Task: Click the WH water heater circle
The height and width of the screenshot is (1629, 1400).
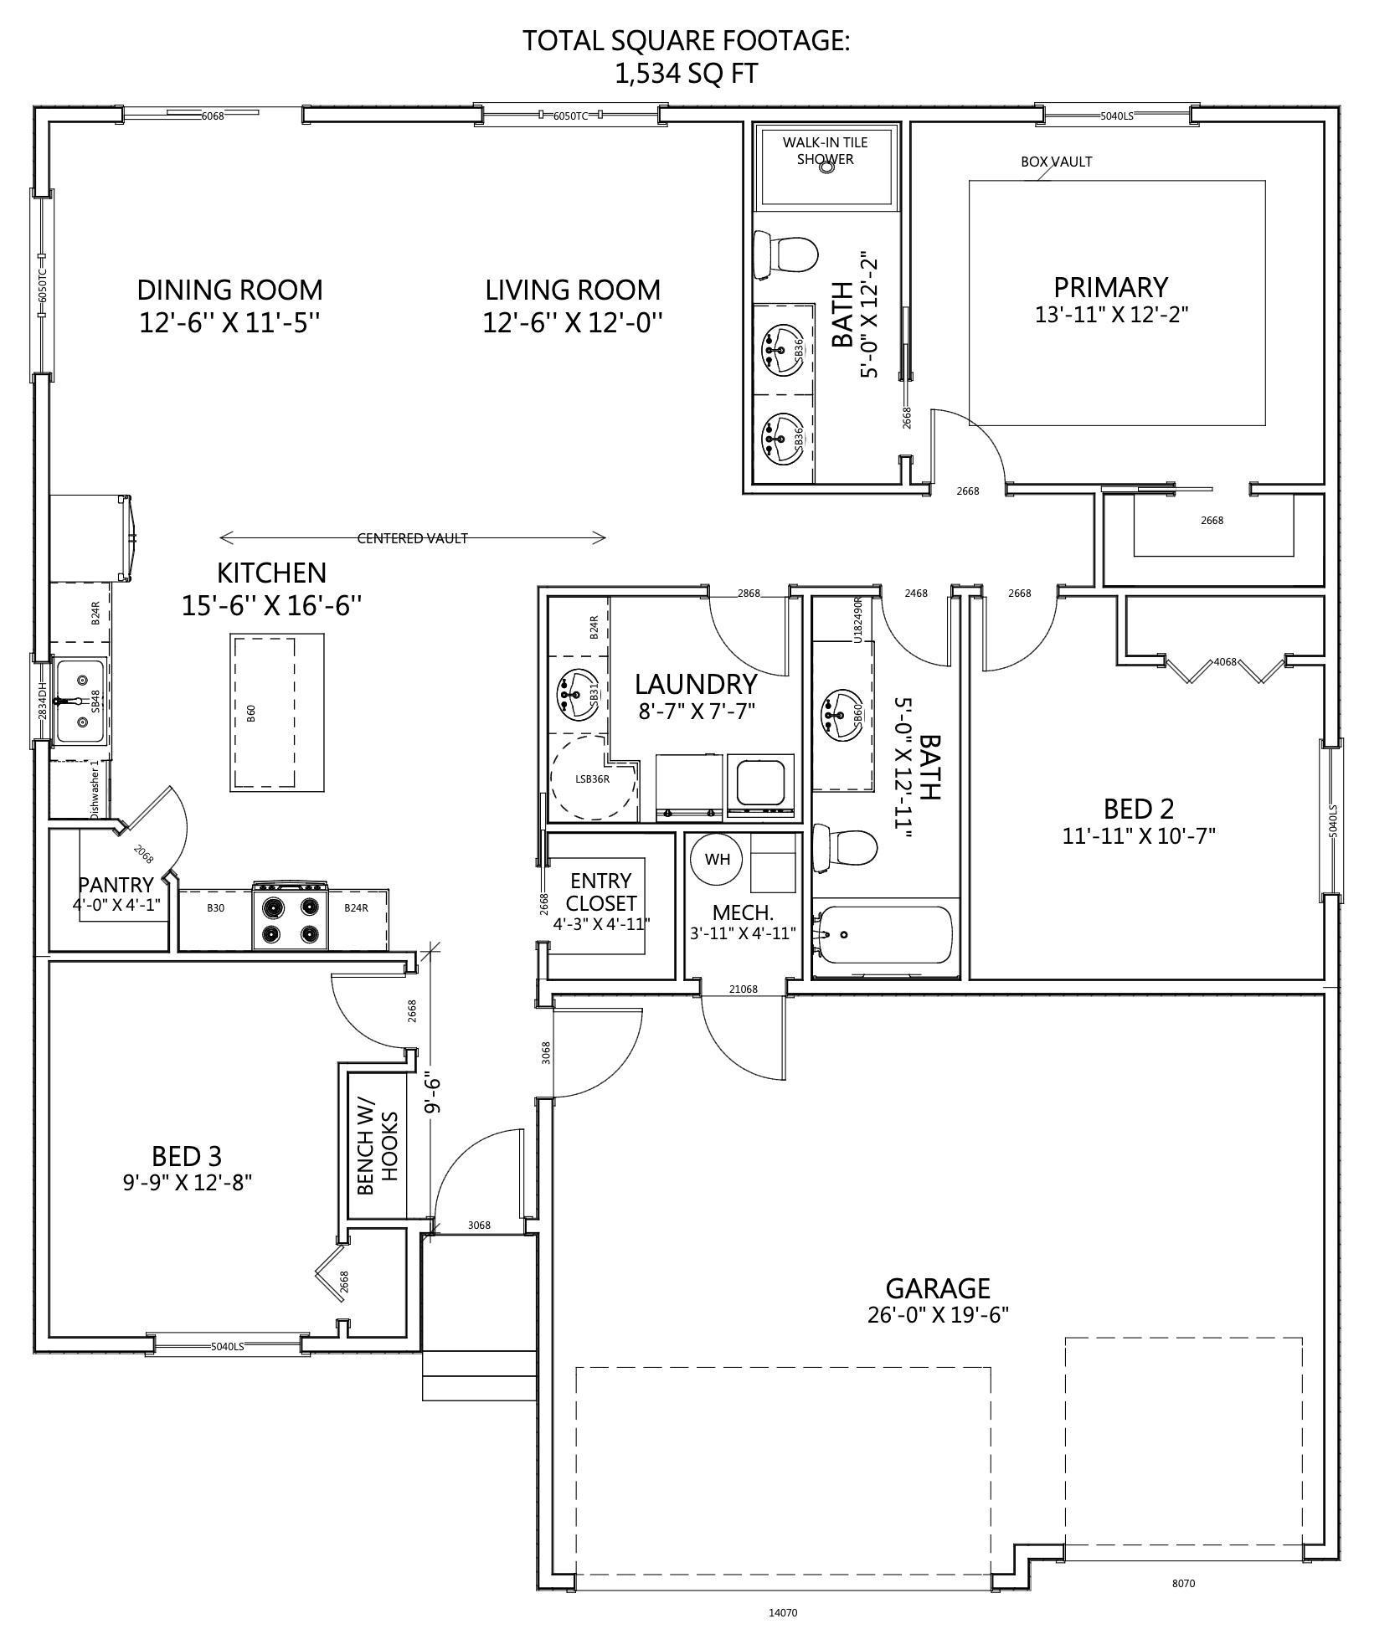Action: [717, 860]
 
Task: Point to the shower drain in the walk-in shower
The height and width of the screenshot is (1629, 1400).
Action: [826, 167]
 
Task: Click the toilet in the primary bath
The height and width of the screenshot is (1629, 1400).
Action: [785, 254]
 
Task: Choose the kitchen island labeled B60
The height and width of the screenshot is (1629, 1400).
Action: [263, 712]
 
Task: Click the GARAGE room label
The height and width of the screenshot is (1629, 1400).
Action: [938, 1287]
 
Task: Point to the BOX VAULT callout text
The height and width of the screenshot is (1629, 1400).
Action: [1056, 162]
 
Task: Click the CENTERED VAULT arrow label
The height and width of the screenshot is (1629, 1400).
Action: [412, 538]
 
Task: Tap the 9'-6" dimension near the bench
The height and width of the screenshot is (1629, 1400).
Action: [432, 1093]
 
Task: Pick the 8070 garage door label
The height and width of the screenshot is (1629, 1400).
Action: [1183, 1584]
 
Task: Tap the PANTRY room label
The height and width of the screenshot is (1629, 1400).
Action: [116, 885]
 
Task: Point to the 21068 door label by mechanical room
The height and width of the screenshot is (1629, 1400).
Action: [743, 989]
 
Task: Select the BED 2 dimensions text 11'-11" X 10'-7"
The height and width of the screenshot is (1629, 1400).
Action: [1139, 835]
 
